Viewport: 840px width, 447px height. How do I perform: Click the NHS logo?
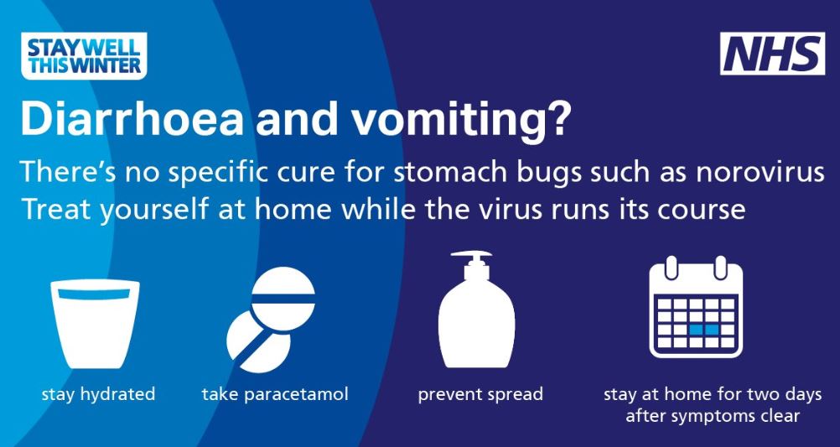click(x=772, y=54)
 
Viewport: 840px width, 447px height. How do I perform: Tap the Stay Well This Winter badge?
click(x=84, y=55)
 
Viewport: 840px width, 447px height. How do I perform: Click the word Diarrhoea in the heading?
click(x=132, y=120)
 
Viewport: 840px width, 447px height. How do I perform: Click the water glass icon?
click(x=95, y=324)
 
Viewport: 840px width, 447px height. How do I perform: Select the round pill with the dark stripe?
click(x=283, y=298)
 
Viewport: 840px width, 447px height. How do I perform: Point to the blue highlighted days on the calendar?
click(x=703, y=329)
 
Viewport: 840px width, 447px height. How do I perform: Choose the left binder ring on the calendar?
click(x=671, y=267)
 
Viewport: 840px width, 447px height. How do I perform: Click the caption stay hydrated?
click(x=98, y=395)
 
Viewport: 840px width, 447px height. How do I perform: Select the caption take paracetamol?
click(x=275, y=395)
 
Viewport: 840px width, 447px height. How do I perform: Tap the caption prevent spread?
click(x=480, y=395)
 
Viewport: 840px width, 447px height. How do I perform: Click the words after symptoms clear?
click(x=713, y=416)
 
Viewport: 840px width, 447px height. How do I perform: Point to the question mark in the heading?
click(x=557, y=120)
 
